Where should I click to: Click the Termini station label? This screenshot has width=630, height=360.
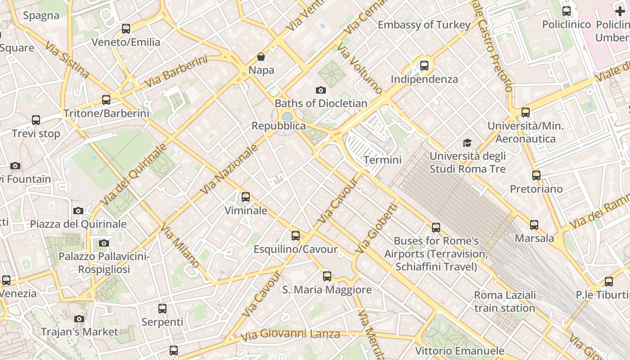pos(382,160)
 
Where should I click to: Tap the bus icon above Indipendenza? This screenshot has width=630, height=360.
pos(424,66)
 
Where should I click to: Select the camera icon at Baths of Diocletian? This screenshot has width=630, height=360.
pos(321,90)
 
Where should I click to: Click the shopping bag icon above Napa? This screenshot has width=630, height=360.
pos(261,57)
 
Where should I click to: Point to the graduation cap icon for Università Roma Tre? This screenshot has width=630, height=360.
pos(468,143)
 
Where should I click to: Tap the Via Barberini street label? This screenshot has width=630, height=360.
pos(176,72)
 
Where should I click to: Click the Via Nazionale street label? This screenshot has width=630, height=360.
pos(229,170)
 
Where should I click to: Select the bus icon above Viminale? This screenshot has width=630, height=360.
pos(245,197)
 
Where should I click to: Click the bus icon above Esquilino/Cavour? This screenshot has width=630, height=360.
pos(296,235)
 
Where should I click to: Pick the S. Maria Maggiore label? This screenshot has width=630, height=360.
pos(327,290)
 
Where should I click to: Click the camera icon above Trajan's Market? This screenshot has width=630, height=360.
pos(79,319)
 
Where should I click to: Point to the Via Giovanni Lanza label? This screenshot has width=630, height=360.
pos(290,335)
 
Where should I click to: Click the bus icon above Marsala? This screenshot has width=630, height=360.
pos(534,225)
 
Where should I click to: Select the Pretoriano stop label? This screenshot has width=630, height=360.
pos(536,189)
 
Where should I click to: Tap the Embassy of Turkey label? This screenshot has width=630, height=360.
pos(424,25)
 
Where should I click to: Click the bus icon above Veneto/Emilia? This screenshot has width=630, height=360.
pos(126,29)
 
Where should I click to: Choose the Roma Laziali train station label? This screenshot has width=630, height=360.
pos(505,301)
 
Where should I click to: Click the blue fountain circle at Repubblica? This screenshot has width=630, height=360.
pos(287,117)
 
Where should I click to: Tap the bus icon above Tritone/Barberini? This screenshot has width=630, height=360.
pos(106,100)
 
